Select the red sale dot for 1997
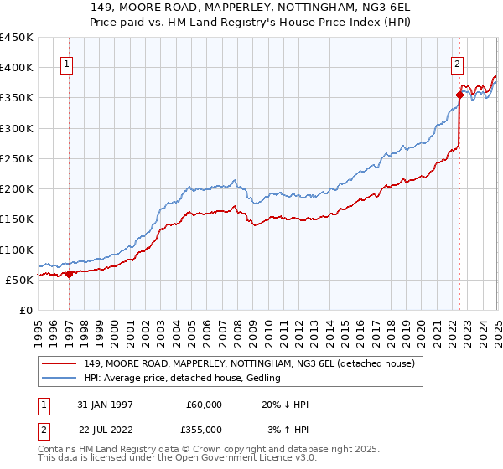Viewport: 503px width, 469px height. pyautogui.click(x=69, y=274)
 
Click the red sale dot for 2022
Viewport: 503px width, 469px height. pyautogui.click(x=459, y=95)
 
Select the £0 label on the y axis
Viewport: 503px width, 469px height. pyautogui.click(x=26, y=310)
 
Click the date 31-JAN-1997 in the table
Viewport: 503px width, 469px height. pyautogui.click(x=104, y=404)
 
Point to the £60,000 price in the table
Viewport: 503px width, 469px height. pyautogui.click(x=204, y=404)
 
